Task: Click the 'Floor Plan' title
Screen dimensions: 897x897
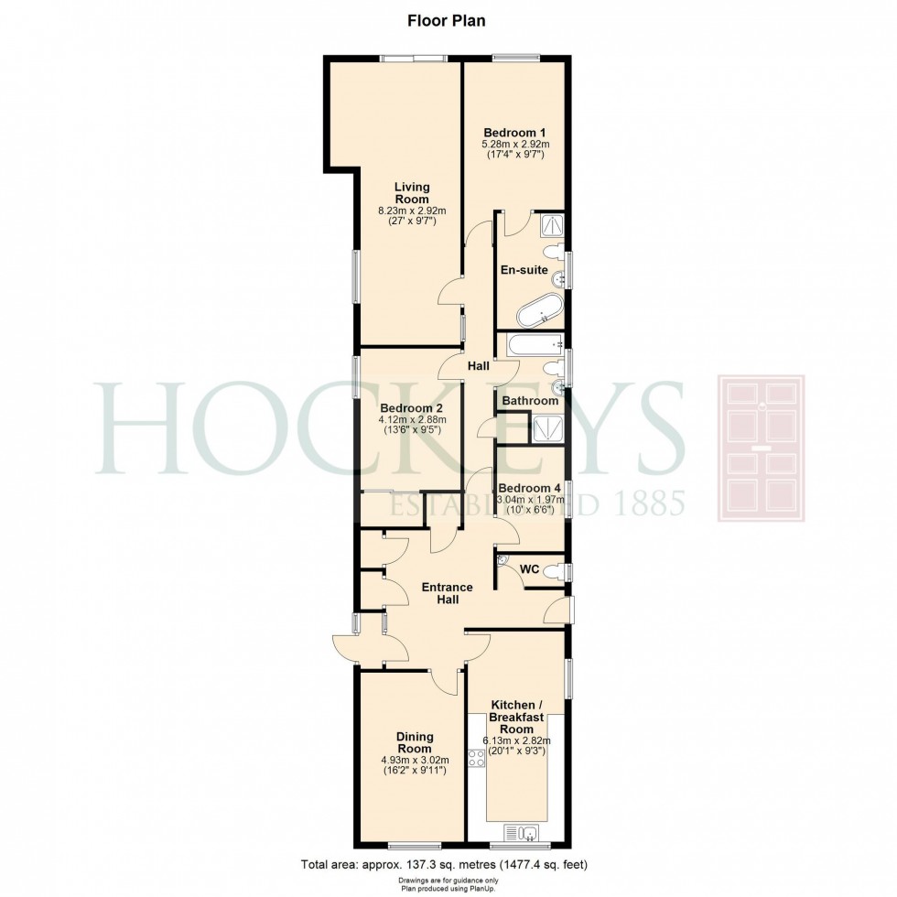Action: coord(448,20)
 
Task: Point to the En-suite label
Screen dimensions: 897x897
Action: coord(524,270)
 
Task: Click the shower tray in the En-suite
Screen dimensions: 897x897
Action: coord(553,225)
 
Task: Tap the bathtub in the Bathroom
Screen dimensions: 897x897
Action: coord(532,345)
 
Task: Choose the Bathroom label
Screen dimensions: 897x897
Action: coord(529,401)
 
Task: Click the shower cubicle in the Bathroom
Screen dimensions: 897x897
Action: coord(548,428)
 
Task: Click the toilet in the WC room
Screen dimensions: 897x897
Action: coord(552,572)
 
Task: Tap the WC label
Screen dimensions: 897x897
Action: coord(528,569)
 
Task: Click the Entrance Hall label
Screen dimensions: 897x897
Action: coord(447,594)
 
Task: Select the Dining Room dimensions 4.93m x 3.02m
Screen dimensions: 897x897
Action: coord(414,759)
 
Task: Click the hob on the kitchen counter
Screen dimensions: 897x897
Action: coord(477,757)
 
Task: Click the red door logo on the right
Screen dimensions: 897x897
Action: coord(760,448)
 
